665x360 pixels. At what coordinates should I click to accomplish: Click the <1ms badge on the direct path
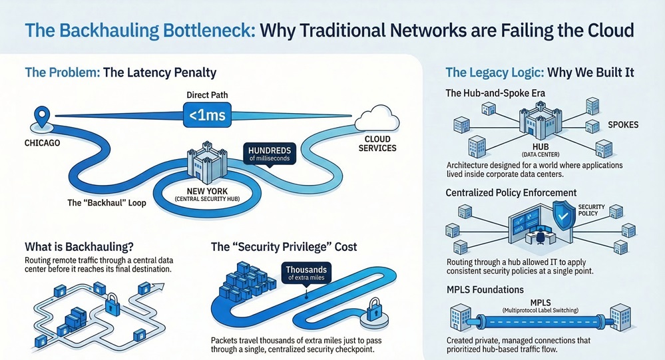click(207, 114)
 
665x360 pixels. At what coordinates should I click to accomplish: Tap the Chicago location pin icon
click(42, 116)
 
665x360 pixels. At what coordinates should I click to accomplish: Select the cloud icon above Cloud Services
click(377, 118)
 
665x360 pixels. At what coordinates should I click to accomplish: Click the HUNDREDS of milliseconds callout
click(270, 154)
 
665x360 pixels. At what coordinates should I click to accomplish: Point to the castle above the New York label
click(207, 164)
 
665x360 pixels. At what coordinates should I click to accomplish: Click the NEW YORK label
click(207, 191)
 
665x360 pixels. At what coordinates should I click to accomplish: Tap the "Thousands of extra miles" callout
click(306, 273)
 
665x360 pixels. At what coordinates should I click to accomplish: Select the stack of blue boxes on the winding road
click(246, 280)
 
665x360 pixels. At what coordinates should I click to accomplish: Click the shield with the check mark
click(564, 216)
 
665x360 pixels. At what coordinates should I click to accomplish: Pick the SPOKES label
click(623, 124)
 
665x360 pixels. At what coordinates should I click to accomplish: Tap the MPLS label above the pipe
click(541, 302)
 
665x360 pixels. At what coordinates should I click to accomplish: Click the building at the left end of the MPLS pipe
click(460, 317)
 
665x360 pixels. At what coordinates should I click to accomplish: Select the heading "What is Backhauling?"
click(79, 247)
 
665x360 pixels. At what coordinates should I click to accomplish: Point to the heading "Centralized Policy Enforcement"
click(511, 193)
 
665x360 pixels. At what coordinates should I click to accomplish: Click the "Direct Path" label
click(207, 94)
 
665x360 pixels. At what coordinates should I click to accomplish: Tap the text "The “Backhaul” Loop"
click(107, 203)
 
